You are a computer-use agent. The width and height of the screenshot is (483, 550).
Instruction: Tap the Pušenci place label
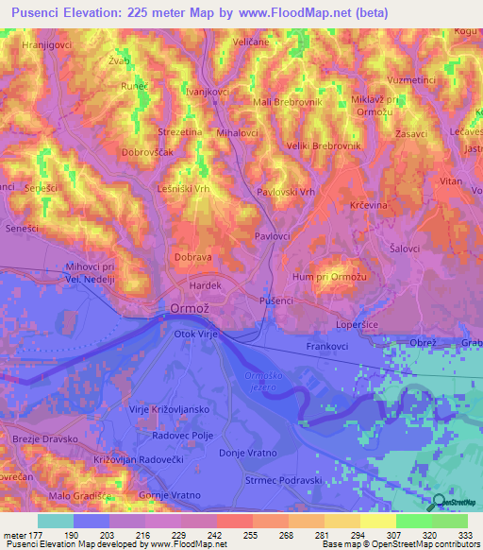tap(276, 300)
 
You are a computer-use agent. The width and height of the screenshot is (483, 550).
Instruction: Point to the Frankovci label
tap(327, 347)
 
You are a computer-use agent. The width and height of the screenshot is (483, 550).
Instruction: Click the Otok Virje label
tap(196, 334)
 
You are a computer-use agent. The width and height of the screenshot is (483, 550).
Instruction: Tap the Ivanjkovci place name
tap(205, 93)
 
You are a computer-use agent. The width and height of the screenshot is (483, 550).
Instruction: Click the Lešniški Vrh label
tap(183, 188)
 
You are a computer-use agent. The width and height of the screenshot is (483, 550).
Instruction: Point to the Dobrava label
tap(192, 256)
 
